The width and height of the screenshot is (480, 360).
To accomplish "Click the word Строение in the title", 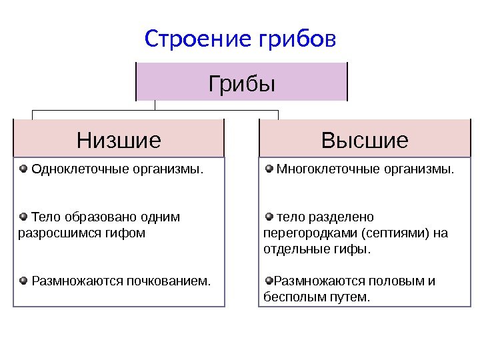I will (x=187, y=40).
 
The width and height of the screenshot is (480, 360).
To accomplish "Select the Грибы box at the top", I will (x=242, y=82).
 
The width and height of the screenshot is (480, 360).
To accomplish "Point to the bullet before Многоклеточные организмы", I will (x=269, y=168).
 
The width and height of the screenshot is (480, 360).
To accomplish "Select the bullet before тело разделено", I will (x=269, y=216).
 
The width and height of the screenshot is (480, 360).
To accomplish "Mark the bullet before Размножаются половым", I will (x=269, y=280).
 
